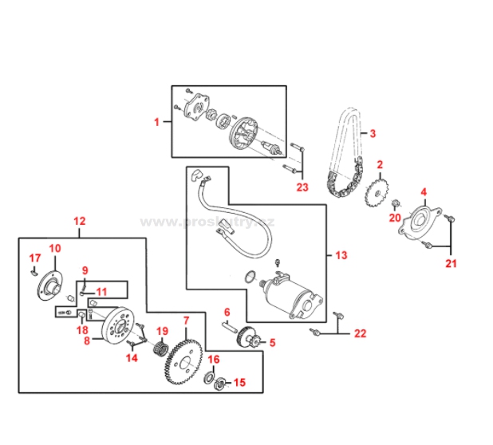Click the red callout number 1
click(157, 122)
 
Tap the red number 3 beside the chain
click(373, 133)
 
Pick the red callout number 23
click(302, 187)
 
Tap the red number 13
click(341, 256)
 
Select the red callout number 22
click(360, 333)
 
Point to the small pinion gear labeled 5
click(251, 342)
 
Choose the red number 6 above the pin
click(227, 312)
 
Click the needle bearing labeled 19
click(161, 347)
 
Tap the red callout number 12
click(79, 220)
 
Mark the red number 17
click(34, 258)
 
